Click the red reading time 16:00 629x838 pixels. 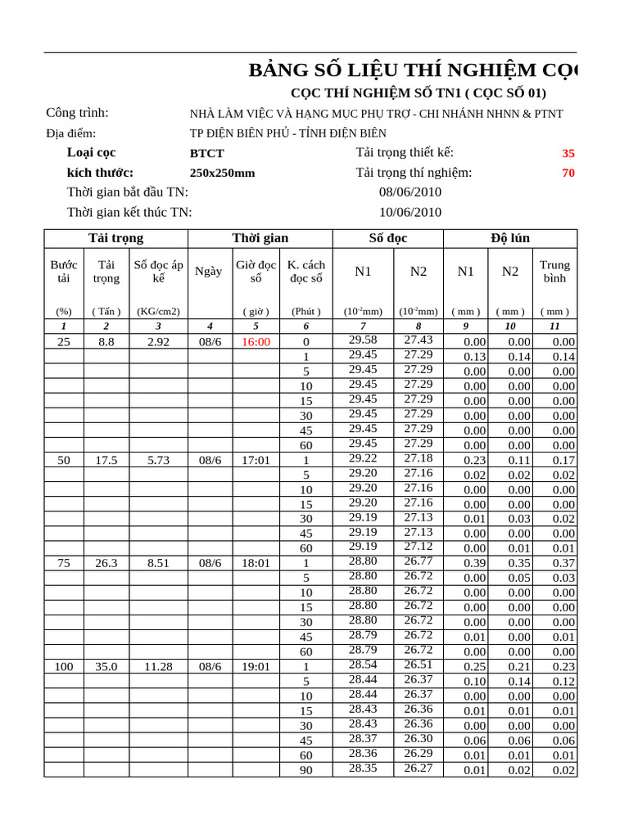pyautogui.click(x=256, y=342)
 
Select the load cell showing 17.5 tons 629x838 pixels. pyautogui.click(x=106, y=460)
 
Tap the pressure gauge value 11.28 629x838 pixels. pyautogui.click(x=158, y=667)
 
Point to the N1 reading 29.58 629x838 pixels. pyautogui.click(x=363, y=340)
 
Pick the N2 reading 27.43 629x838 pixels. pyautogui.click(x=418, y=340)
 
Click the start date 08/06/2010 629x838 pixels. pyautogui.click(x=410, y=191)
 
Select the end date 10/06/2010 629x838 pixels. pyautogui.click(x=410, y=212)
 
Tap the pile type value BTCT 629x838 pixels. pyautogui.click(x=206, y=153)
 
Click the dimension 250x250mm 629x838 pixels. pyautogui.click(x=222, y=173)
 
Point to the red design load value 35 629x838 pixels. pyautogui.click(x=568, y=153)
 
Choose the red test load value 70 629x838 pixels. pyautogui.click(x=568, y=173)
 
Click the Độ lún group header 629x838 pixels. pyautogui.click(x=509, y=238)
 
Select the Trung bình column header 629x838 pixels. pyautogui.click(x=554, y=272)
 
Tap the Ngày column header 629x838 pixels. pyautogui.click(x=209, y=272)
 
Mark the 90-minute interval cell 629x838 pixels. pyautogui.click(x=305, y=770)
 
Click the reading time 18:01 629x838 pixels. pyautogui.click(x=256, y=563)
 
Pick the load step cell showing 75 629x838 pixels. pyautogui.click(x=64, y=563)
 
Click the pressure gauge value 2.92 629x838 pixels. pyautogui.click(x=158, y=342)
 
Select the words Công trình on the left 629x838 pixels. pyautogui.click(x=77, y=113)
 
